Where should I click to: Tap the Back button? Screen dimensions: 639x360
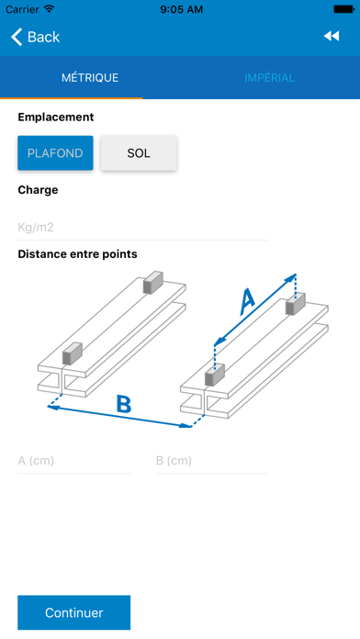point(35,37)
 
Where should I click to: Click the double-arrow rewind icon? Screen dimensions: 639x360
point(332,37)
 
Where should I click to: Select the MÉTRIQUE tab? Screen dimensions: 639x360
point(90,78)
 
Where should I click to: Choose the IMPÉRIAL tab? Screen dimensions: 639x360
point(270,78)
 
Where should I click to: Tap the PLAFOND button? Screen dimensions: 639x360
point(55,153)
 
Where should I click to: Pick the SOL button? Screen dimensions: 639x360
point(139,153)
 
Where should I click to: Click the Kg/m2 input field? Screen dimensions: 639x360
point(142,227)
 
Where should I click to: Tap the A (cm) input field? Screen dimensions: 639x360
point(73,460)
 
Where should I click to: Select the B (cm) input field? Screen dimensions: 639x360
point(212,460)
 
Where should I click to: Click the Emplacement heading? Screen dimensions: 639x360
point(55,118)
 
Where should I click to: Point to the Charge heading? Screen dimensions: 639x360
point(38,190)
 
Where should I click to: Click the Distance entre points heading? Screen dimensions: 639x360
point(77,253)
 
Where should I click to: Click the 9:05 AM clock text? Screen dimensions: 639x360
point(180,9)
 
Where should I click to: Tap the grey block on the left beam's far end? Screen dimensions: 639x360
point(152,284)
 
